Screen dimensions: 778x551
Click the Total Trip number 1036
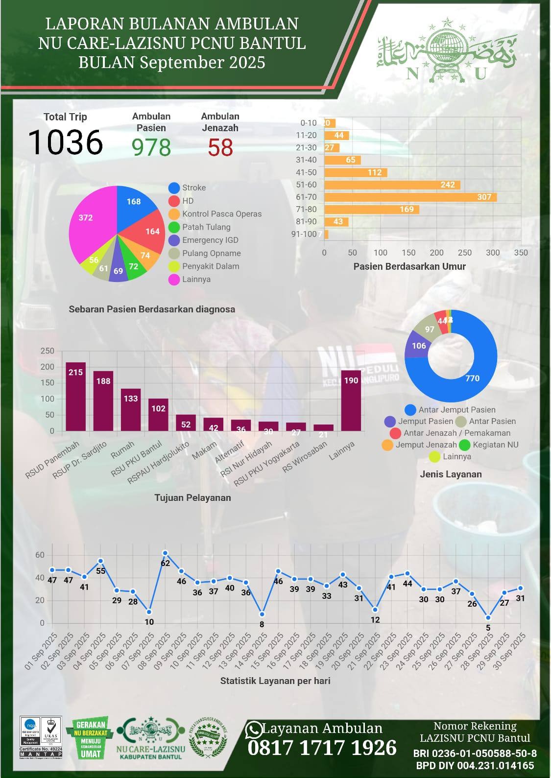pos(65,142)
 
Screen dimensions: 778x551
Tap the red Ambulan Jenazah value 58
pos(220,147)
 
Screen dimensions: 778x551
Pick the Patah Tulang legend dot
pos(174,227)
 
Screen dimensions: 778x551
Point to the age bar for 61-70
pos(410,197)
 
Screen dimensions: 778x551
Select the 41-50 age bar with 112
pos(356,172)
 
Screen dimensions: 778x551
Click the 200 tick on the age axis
pos(436,253)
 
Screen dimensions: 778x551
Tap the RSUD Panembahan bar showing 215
pos(76,397)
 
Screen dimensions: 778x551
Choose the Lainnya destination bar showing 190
pos(351,401)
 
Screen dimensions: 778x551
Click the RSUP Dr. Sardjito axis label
pos(80,460)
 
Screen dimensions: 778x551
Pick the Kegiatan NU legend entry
pos(490,445)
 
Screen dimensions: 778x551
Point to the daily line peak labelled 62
pos(165,553)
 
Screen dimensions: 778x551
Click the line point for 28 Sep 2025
pos(488,617)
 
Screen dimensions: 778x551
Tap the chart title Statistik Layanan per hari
pos(275,681)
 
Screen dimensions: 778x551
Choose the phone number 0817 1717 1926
pos(322,748)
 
